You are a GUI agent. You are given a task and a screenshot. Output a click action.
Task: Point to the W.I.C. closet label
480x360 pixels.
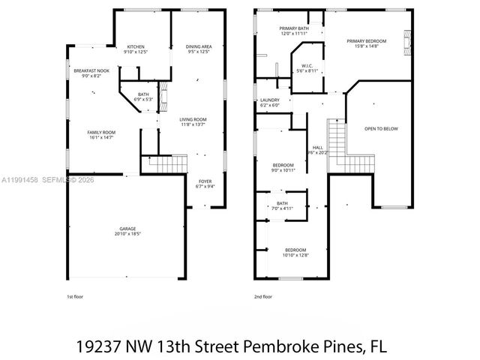306,67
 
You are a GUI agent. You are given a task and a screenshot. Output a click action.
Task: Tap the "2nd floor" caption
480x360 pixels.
263,296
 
